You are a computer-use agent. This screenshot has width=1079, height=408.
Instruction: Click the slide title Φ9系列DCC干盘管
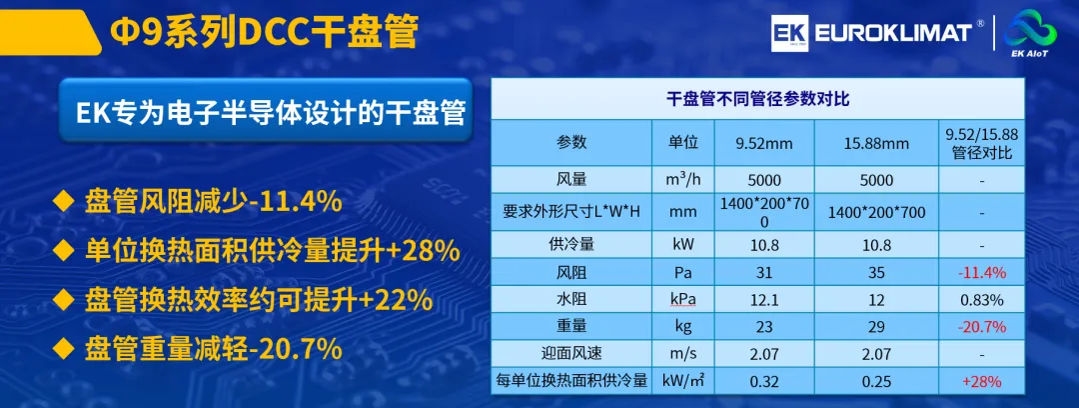click(x=265, y=32)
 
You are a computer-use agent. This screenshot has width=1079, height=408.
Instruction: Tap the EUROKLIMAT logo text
click(x=893, y=32)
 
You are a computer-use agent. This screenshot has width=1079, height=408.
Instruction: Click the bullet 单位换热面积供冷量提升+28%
click(x=258, y=251)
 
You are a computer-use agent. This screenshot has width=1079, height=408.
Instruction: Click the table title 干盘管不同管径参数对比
click(x=757, y=99)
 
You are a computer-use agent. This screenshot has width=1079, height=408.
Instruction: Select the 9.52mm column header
click(x=764, y=143)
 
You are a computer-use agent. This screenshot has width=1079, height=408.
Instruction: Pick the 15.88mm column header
click(x=877, y=144)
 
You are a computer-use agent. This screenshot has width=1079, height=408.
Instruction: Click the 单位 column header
click(x=683, y=143)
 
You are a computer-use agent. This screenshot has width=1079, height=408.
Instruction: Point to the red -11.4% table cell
click(x=982, y=272)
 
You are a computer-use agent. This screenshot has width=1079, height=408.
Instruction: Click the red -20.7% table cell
click(x=982, y=326)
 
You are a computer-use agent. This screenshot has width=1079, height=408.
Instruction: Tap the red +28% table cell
click(x=982, y=380)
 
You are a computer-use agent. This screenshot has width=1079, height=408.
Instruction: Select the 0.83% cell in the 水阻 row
click(x=982, y=300)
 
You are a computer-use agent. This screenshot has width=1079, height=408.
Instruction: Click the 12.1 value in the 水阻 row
click(x=764, y=300)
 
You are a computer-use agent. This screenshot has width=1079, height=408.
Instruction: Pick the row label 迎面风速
click(x=571, y=354)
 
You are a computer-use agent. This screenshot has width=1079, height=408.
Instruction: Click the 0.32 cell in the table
click(x=764, y=380)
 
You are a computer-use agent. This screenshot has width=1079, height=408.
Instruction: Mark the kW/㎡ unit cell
click(x=683, y=380)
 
